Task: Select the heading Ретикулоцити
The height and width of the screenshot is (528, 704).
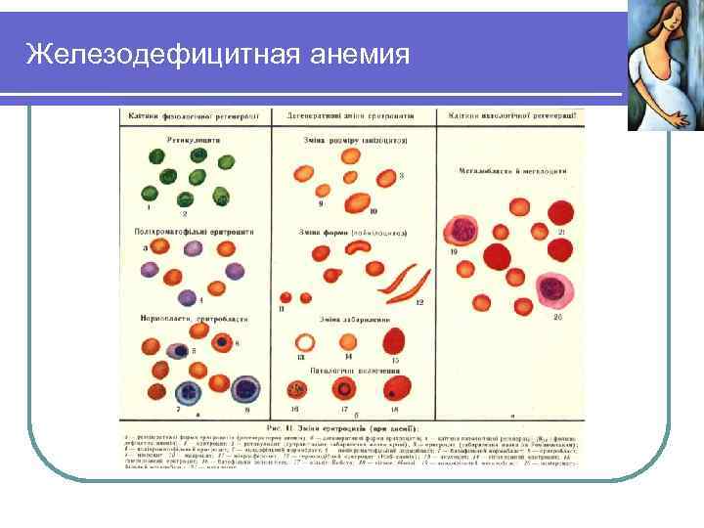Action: point(194,140)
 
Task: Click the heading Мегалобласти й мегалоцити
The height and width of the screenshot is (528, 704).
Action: point(513,172)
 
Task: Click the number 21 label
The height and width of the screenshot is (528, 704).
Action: point(563,231)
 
